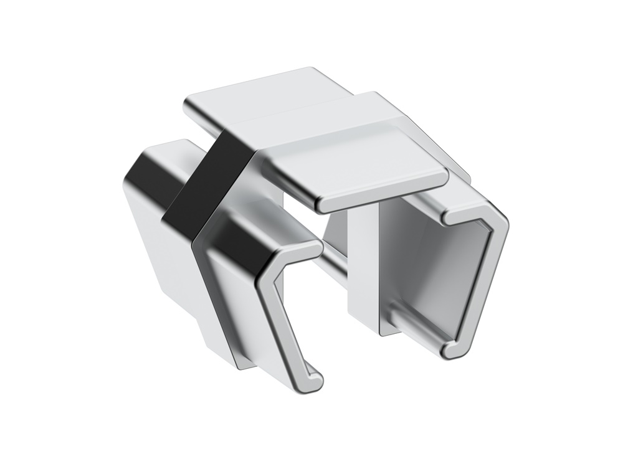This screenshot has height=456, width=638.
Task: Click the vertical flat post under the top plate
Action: (361, 268)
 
